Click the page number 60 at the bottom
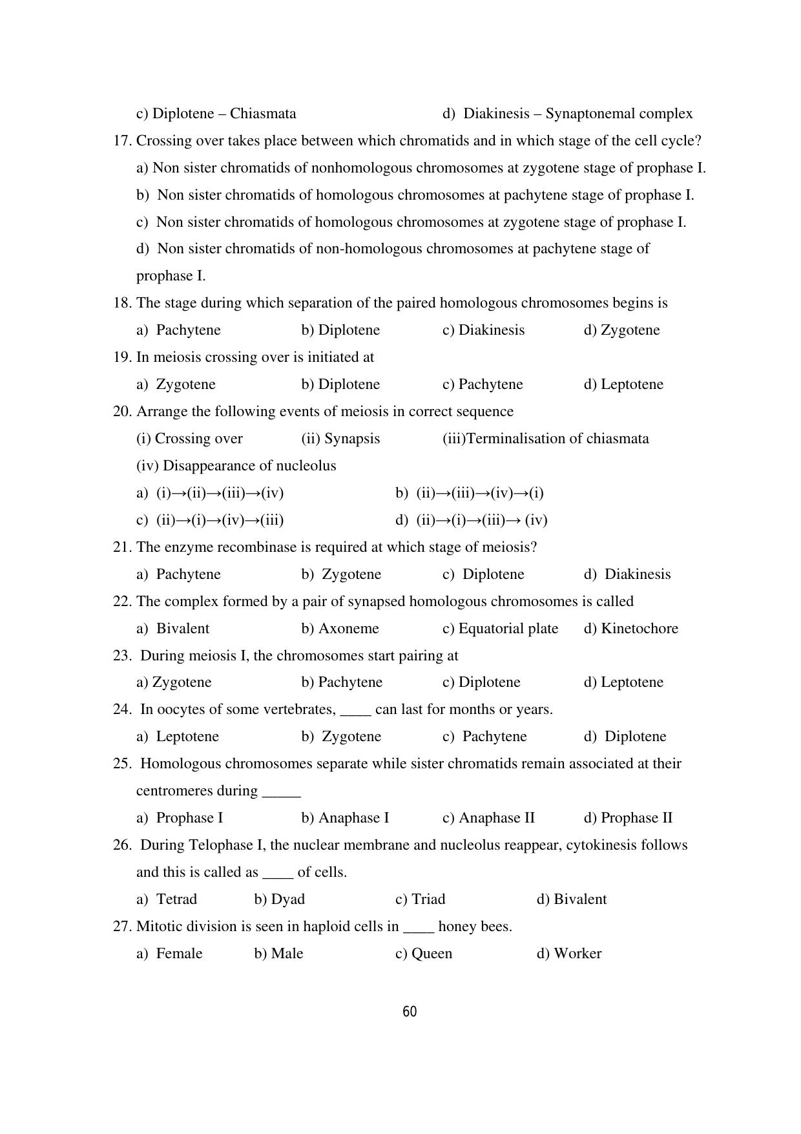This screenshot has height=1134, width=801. (410, 1012)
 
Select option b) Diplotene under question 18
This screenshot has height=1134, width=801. (340, 330)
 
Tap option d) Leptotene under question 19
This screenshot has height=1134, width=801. (623, 384)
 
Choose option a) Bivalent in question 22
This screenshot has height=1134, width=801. (172, 629)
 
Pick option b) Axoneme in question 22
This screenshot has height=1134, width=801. (340, 629)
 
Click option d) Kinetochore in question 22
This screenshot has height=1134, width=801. (630, 629)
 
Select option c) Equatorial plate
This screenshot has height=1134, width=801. (500, 629)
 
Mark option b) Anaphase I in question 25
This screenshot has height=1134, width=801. (345, 818)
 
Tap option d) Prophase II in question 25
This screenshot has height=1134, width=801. (628, 818)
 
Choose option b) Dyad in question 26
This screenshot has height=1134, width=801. (279, 899)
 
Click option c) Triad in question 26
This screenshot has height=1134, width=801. (420, 899)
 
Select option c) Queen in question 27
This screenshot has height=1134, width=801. (423, 954)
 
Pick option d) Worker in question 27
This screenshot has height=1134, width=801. (568, 954)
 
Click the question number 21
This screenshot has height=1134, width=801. (122, 547)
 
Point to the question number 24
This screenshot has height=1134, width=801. (122, 709)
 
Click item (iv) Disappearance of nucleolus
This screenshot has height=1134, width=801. (236, 466)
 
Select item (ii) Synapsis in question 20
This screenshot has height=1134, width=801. (340, 439)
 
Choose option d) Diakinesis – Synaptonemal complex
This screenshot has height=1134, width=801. (567, 114)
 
